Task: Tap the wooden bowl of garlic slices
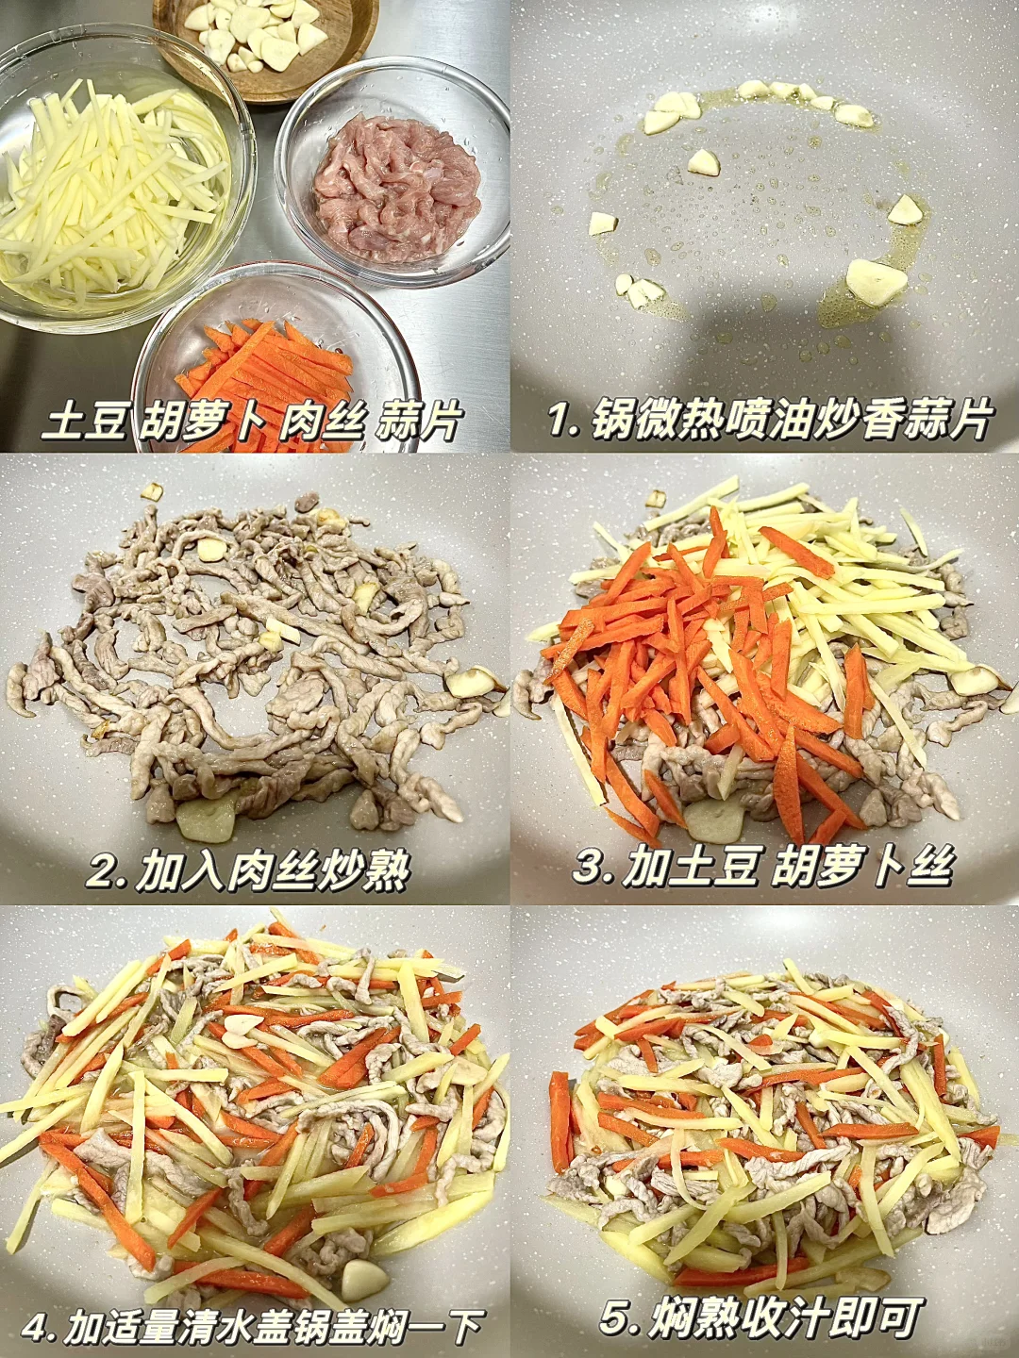265,43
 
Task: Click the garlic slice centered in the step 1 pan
704,163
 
